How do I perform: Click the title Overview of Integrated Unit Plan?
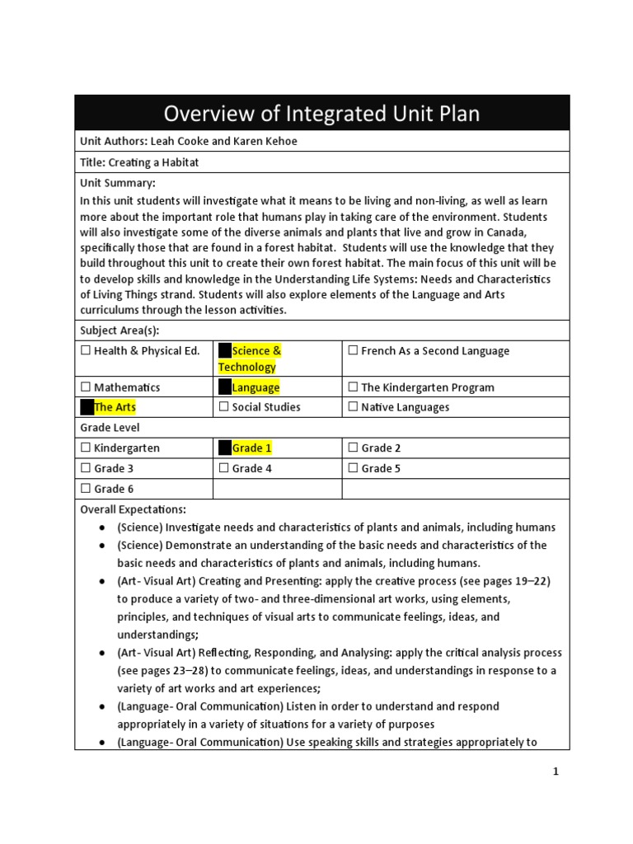coord(321,113)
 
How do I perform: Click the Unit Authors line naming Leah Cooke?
coord(189,141)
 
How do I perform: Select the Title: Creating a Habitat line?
coord(139,162)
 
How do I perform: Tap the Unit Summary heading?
coord(118,183)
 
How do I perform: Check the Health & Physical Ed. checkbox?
coord(85,351)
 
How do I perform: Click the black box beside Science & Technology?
coord(224,351)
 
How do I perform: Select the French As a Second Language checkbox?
coord(353,351)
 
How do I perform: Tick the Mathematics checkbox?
coord(85,387)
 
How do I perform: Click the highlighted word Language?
coord(256,387)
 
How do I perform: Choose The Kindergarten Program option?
coord(353,387)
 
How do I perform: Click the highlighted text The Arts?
coord(115,407)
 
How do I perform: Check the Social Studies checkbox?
coord(223,407)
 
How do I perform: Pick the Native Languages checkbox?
coord(353,407)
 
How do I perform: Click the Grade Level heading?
coord(110,428)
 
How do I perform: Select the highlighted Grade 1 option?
coord(251,448)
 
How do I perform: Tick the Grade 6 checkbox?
coord(85,489)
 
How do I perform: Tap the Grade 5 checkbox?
coord(353,469)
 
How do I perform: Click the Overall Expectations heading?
coord(133,509)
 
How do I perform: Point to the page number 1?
coord(556,771)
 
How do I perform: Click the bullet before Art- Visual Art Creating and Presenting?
coord(101,581)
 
